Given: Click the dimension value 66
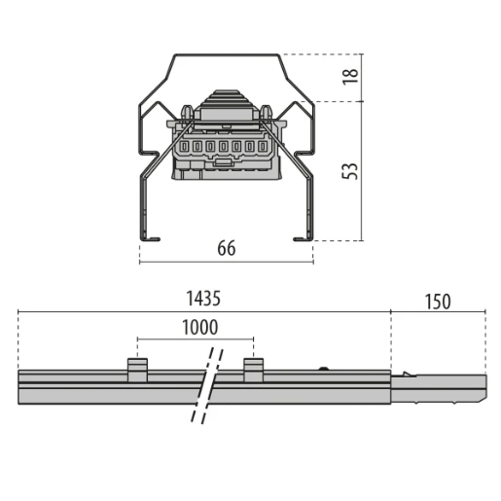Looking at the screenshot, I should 226,249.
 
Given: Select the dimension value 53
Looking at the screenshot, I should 351,170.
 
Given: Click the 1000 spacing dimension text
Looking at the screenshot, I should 199,328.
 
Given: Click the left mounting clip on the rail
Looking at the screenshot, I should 137,369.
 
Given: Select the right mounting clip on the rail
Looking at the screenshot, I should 253,369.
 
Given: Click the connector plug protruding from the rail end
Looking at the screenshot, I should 438,388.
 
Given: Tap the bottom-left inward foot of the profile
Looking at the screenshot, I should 150,236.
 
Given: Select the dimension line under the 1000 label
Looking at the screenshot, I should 195,340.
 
